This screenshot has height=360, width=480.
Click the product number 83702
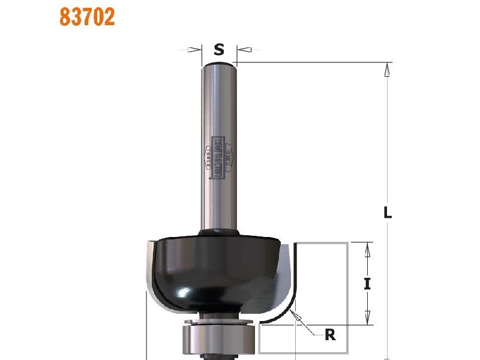click(x=87, y=16)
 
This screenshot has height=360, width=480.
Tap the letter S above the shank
click(x=219, y=50)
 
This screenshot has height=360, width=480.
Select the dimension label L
click(x=388, y=212)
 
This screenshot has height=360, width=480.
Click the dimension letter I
click(x=367, y=284)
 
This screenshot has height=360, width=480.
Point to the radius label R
click(x=330, y=335)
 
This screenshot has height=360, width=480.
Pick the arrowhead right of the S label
click(x=242, y=50)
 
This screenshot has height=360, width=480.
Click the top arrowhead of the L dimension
click(x=388, y=69)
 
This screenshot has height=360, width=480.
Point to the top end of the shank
click(x=219, y=62)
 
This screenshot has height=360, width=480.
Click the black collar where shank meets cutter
click(x=219, y=231)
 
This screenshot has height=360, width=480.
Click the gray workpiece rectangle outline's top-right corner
click(x=347, y=243)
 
